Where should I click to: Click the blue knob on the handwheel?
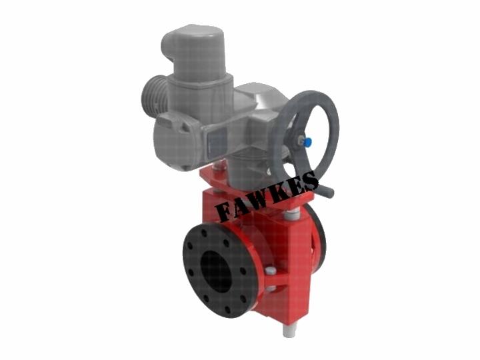coord(307,142)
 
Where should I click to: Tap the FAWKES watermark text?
coord(266,196)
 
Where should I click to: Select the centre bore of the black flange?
coord(215,271)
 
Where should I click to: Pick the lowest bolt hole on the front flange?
coord(227,309)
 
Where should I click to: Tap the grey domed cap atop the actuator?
coord(193,53)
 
